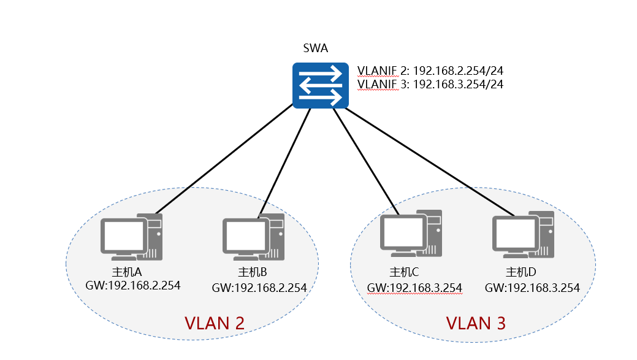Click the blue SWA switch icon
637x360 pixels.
[321, 85]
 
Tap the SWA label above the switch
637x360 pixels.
[315, 48]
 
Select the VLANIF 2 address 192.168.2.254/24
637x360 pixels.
[458, 71]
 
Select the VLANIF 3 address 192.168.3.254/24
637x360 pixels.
[458, 84]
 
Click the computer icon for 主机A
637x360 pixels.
[132, 237]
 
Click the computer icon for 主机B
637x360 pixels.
[253, 237]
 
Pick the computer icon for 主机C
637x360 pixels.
[411, 233]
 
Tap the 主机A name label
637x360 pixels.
[127, 272]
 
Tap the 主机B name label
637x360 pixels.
[252, 272]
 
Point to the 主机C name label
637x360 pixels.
[404, 272]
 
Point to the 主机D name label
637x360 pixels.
[521, 272]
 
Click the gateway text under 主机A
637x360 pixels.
[133, 285]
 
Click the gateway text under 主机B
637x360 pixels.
[259, 288]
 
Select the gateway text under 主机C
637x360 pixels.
[414, 288]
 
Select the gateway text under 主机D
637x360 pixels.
[532, 288]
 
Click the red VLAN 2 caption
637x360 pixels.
[215, 323]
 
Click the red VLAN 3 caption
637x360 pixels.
[476, 323]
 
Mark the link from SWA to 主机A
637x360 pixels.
[224, 159]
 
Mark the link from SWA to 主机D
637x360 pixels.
[430, 162]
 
